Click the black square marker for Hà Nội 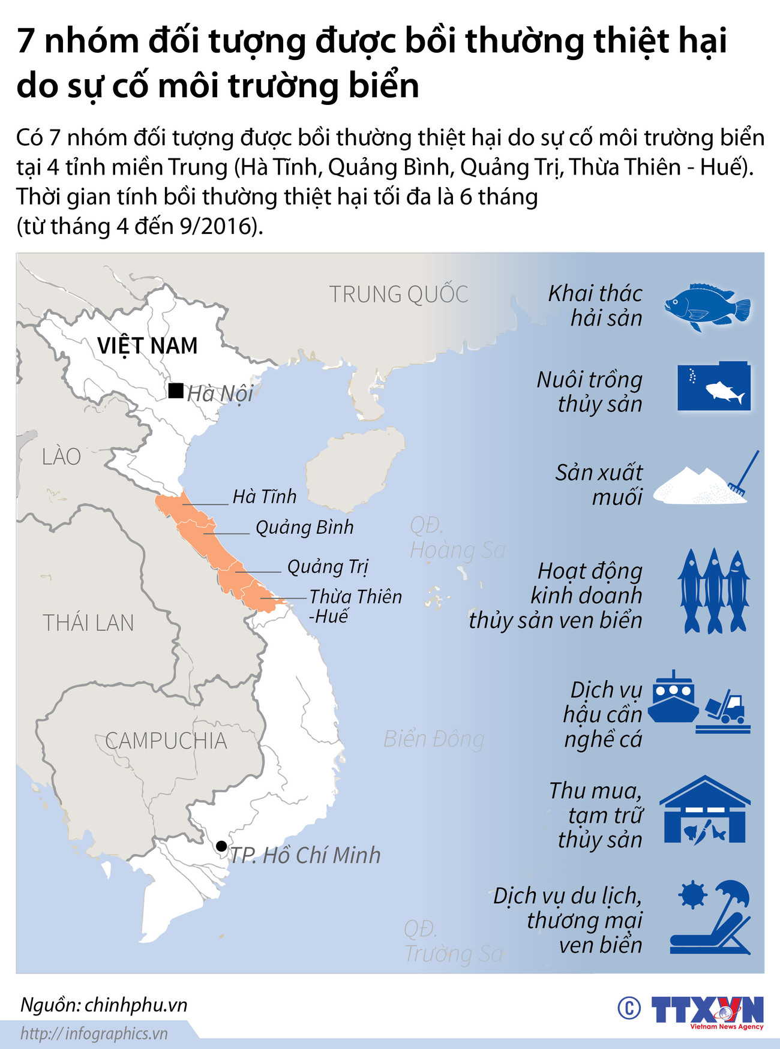[x=176, y=391]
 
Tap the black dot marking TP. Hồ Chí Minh [x=221, y=846]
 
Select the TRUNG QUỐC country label [x=398, y=294]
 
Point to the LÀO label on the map [x=61, y=457]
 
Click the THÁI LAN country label [x=88, y=623]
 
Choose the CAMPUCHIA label [x=166, y=741]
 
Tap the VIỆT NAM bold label [x=148, y=346]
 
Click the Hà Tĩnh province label [x=265, y=497]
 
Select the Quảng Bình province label [x=304, y=527]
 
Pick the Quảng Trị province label [x=328, y=567]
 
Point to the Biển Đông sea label [x=434, y=739]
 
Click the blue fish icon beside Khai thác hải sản [x=707, y=306]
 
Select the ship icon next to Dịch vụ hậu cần [x=673, y=698]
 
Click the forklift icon [x=726, y=707]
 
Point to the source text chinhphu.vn [x=136, y=1005]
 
